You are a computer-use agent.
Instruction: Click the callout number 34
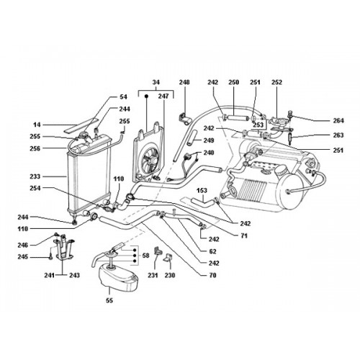coord(156,82)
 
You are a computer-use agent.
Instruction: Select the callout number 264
coord(338,120)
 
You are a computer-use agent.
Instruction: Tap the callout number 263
coord(338,135)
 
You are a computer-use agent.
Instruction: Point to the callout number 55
coord(109,300)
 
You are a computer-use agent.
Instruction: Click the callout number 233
coord(35,176)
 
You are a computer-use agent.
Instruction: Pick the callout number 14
coord(37,125)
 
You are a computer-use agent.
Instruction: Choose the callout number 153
coord(202,190)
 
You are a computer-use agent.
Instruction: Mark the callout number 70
coord(213,275)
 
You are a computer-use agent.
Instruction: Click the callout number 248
coord(184,82)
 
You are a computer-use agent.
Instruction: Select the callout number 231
coord(153,275)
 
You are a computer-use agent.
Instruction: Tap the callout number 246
coord(22,245)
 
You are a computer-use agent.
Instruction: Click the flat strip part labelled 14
coord(81,125)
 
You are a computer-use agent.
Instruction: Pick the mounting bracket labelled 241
coord(63,248)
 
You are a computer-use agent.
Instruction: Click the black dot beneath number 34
coord(146,96)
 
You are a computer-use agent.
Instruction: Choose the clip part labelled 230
coord(168,258)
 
